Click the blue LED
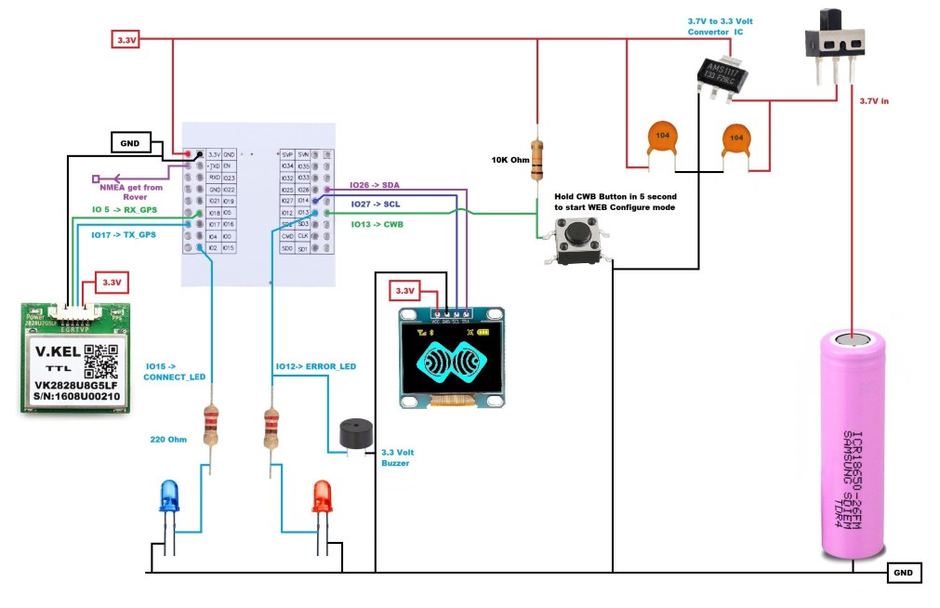coord(168,498)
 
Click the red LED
coord(322,497)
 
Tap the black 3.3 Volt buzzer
coord(353,434)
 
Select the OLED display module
coord(452,357)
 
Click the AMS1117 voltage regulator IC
coord(722,74)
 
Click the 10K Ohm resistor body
coord(537,158)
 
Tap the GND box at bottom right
coord(904,573)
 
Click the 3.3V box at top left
coord(126,40)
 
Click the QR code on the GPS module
coord(101,362)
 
